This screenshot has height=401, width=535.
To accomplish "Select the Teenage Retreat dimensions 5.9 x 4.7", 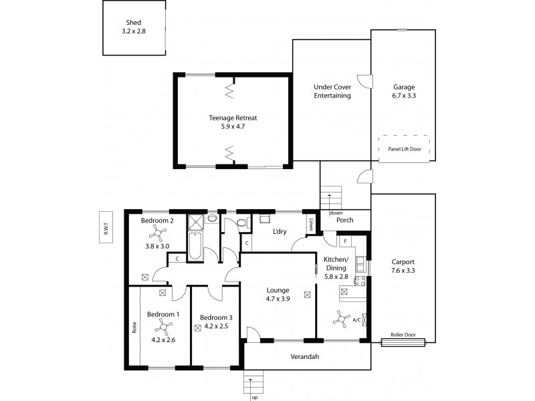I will pos(232,127).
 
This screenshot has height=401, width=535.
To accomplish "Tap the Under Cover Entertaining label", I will pos(332,91).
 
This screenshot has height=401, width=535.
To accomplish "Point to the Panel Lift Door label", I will pos(405,150).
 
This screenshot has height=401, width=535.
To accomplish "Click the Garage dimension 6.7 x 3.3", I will pos(404,96).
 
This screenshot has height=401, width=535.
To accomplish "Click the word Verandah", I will pos(304,356).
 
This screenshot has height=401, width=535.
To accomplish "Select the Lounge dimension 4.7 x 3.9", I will pos(277,300).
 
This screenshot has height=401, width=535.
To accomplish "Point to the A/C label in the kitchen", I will pos(356,320).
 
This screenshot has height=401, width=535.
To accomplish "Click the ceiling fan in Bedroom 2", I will pos(157,232).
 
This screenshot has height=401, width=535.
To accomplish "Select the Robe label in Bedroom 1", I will pos(134,328).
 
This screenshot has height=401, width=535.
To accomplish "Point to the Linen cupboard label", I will pos(311,225).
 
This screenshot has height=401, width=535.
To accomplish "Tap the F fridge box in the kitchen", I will pos(345,241).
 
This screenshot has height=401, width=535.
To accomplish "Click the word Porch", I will pos(345,220).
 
